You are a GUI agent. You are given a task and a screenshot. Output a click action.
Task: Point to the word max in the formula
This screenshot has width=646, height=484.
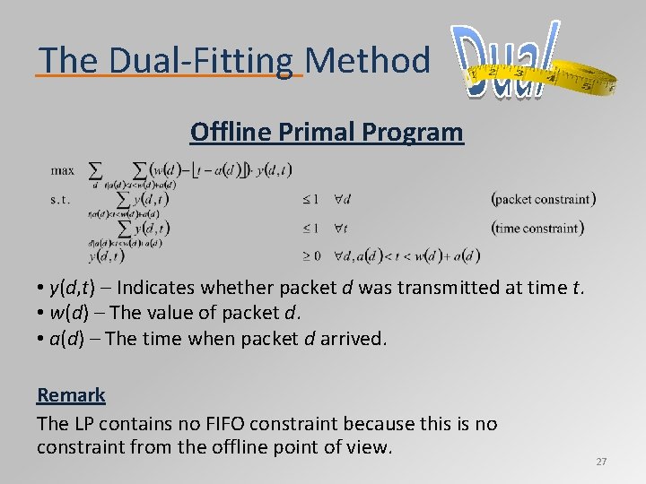point(63,169)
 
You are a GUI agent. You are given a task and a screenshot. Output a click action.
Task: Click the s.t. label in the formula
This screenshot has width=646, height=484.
point(60,199)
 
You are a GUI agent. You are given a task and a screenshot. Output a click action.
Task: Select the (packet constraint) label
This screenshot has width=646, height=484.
point(544,199)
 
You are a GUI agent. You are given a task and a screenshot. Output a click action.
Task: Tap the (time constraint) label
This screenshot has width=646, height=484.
point(538,228)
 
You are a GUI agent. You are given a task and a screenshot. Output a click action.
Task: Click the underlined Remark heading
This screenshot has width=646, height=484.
point(71,395)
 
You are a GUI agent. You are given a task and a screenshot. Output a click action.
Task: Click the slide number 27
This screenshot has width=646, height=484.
point(601,462)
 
